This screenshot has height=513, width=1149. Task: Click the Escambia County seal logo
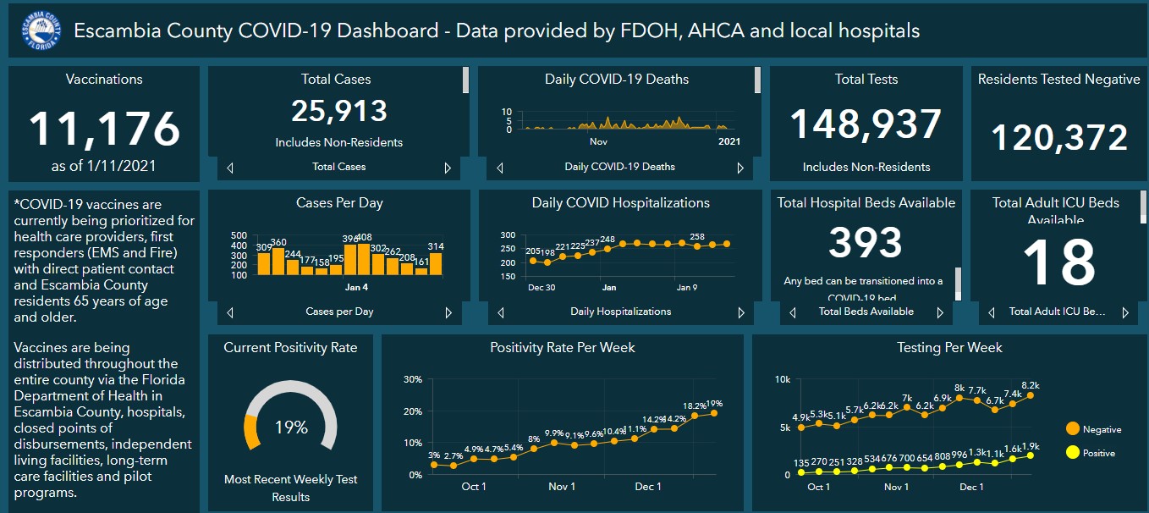click(41, 31)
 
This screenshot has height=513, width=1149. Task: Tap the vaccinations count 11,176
click(104, 129)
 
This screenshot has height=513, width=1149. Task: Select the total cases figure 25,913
click(338, 111)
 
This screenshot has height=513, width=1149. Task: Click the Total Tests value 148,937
click(866, 124)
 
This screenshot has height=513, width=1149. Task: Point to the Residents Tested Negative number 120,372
click(1058, 137)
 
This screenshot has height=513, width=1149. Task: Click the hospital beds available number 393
click(866, 243)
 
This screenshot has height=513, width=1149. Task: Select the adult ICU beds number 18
click(1058, 262)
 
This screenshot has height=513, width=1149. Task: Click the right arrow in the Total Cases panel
click(448, 168)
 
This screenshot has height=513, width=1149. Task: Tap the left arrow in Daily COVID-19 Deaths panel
click(500, 168)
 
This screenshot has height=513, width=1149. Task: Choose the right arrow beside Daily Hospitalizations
click(742, 312)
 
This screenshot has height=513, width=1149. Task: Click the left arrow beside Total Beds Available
click(792, 312)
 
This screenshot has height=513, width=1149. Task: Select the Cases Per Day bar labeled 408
click(365, 259)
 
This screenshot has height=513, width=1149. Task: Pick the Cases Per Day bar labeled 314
click(436, 262)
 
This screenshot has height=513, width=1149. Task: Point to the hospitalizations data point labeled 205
click(532, 261)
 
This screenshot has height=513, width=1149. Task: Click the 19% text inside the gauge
click(290, 427)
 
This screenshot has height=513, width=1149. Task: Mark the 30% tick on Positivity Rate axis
click(413, 379)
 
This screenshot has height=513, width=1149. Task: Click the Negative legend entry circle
click(1072, 429)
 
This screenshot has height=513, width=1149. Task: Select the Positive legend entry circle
click(1072, 453)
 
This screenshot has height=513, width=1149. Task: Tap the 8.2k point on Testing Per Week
click(1030, 395)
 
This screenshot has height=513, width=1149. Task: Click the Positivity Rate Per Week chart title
click(562, 348)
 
